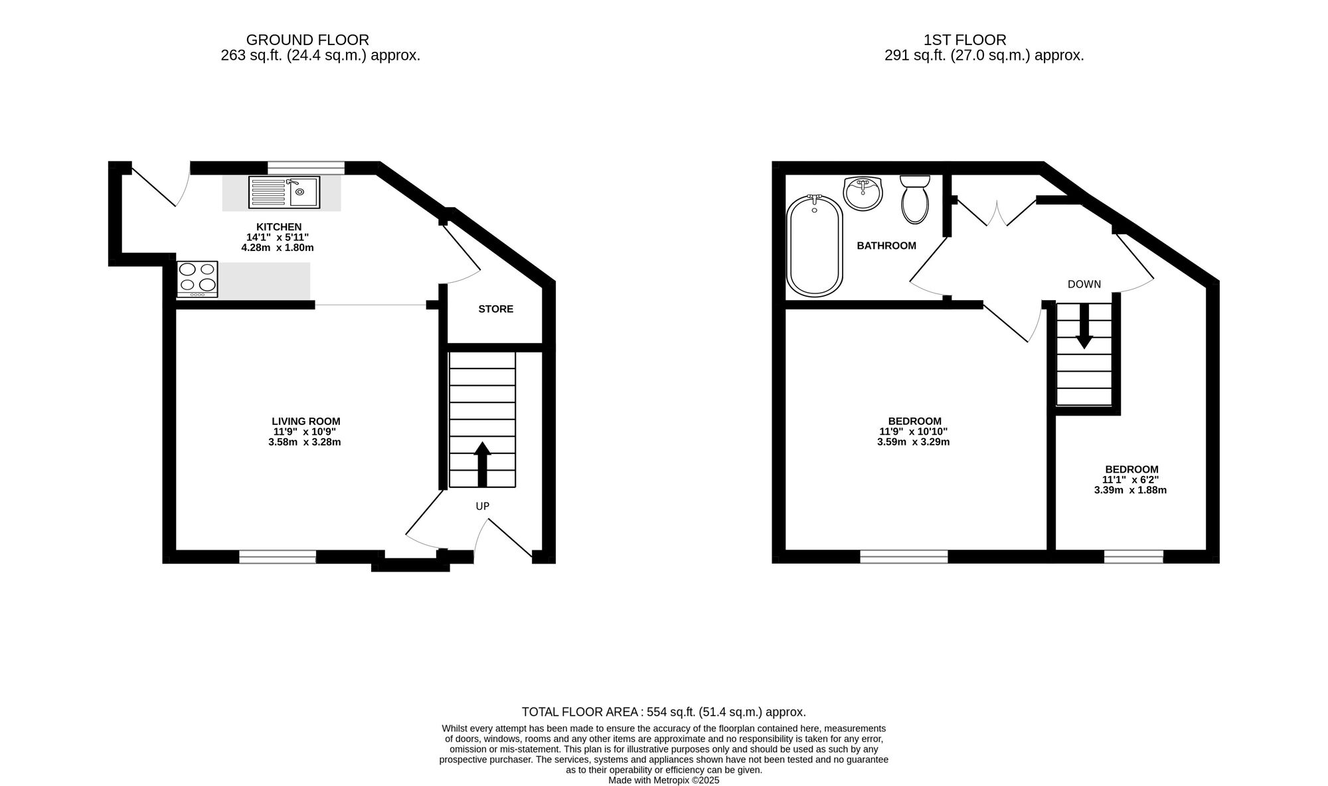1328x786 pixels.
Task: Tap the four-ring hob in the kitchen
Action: [x=197, y=278]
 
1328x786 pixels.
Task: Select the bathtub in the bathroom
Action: [x=814, y=246]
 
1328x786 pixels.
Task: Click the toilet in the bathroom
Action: [x=915, y=199]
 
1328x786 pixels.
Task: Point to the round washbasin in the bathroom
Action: [x=863, y=193]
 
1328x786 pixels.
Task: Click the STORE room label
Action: [x=495, y=309]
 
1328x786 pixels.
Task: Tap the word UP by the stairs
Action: [x=483, y=507]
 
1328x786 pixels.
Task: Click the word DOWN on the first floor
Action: [x=1084, y=285]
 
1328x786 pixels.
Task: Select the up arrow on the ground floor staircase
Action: [x=483, y=463]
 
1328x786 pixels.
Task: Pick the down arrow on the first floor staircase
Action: [x=1084, y=327]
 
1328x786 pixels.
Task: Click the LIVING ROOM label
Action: [x=305, y=422]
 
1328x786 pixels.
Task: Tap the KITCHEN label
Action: [x=279, y=227]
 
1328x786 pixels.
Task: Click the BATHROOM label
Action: [x=886, y=246]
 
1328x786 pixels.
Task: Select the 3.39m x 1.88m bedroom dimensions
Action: [x=1130, y=491]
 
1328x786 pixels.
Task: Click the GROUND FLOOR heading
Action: [x=307, y=40]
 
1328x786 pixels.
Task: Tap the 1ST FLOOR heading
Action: [x=983, y=40]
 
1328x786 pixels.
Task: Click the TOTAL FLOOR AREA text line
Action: [x=663, y=712]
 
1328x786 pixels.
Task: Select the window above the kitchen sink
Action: [x=306, y=167]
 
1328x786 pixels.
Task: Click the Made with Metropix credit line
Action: [x=663, y=781]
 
